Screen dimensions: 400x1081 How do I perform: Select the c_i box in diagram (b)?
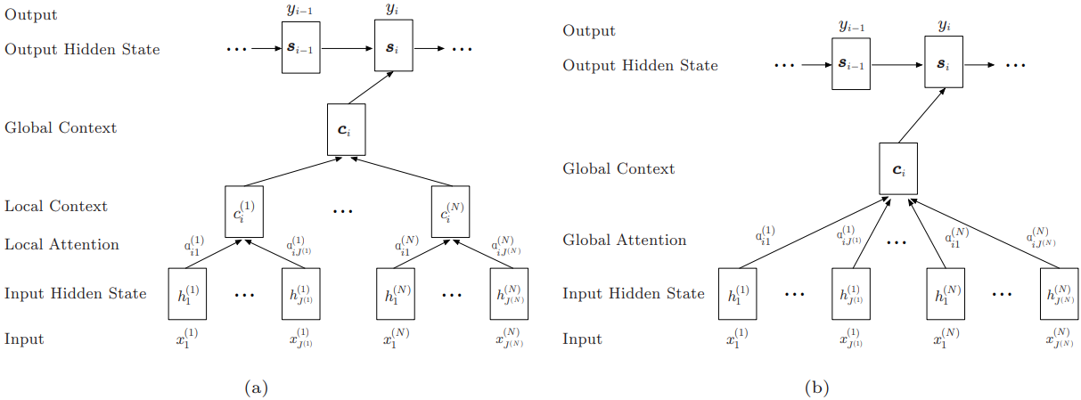tap(897, 169)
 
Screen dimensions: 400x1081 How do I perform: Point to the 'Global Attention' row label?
tap(624, 240)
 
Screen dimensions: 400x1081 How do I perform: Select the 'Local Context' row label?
tap(55, 206)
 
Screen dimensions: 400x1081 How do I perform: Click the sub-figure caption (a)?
tap(255, 388)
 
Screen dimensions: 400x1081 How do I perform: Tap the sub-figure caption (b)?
tap(816, 388)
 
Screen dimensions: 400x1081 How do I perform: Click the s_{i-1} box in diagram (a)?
tap(300, 48)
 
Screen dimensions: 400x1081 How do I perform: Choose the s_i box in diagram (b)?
tap(944, 64)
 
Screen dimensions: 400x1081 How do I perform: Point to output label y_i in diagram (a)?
tap(392, 8)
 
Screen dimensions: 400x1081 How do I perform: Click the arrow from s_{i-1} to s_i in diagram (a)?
tap(346, 48)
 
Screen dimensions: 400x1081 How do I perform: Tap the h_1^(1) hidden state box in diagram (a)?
tap(187, 294)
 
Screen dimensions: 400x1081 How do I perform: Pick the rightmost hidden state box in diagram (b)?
tap(1058, 293)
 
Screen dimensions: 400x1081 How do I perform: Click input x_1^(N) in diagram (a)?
tap(397, 339)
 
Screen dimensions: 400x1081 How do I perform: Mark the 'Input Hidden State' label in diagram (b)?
tap(633, 293)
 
